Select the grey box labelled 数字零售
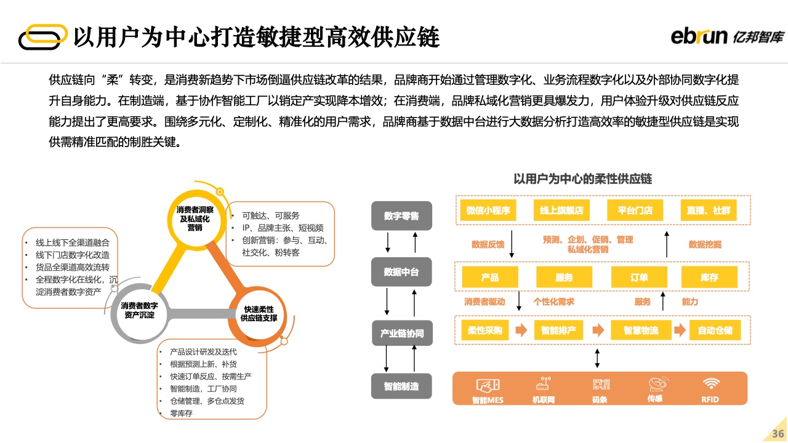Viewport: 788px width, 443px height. (x=401, y=216)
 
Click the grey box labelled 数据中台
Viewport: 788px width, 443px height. (x=401, y=272)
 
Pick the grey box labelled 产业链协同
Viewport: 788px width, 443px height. (x=401, y=333)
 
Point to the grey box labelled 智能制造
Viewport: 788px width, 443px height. (x=401, y=386)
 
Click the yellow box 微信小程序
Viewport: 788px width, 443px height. (x=488, y=210)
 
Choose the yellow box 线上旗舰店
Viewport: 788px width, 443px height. (x=561, y=210)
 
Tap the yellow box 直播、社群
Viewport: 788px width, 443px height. (x=709, y=210)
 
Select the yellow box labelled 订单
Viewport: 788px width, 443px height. (x=638, y=277)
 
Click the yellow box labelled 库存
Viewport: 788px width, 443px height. (x=709, y=277)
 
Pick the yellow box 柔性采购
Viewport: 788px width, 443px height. (x=484, y=330)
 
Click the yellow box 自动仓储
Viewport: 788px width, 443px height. (x=715, y=330)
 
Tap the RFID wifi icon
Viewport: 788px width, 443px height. (x=710, y=384)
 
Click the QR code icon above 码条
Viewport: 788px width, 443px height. (x=601, y=384)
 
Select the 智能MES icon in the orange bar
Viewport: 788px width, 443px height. (x=488, y=386)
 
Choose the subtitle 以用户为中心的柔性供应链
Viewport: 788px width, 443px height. (x=582, y=179)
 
